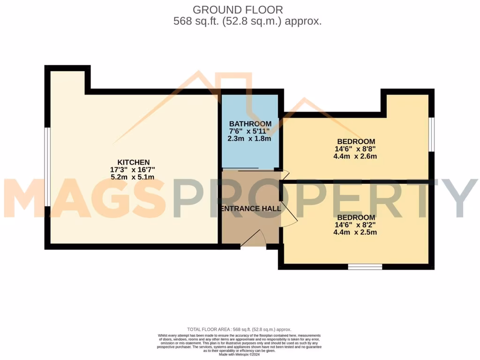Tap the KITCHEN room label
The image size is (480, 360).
(133, 162)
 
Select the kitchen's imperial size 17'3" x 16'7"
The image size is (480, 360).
(133, 170)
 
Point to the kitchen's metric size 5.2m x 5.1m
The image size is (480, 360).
(133, 177)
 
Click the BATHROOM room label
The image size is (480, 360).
(250, 124)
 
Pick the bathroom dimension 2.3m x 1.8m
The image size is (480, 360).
(250, 139)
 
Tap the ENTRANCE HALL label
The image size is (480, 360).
(251, 208)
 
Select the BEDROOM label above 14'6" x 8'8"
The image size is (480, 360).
(356, 142)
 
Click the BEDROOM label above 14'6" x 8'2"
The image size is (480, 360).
(356, 217)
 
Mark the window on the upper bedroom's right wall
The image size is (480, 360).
(431, 135)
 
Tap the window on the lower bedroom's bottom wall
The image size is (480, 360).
(365, 267)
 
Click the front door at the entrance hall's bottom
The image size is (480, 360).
(253, 240)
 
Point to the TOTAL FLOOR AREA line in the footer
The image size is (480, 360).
(240, 330)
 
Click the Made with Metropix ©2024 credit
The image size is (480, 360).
(240, 354)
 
